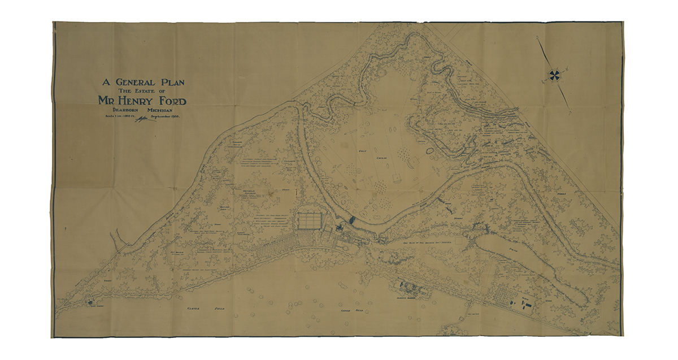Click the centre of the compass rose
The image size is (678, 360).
pos(554,75)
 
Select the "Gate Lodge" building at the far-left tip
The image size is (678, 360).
pos(89,302)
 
